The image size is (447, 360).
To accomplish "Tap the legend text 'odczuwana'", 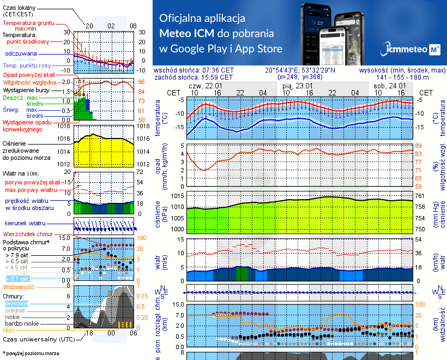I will tap(21, 54).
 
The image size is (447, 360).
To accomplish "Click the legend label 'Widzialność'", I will tap(19, 286).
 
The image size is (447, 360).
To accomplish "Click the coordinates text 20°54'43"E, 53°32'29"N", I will tap(300, 70).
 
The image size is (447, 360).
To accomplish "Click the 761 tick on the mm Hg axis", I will tap(419, 196).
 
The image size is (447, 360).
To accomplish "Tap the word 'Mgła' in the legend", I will tap(9, 330).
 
